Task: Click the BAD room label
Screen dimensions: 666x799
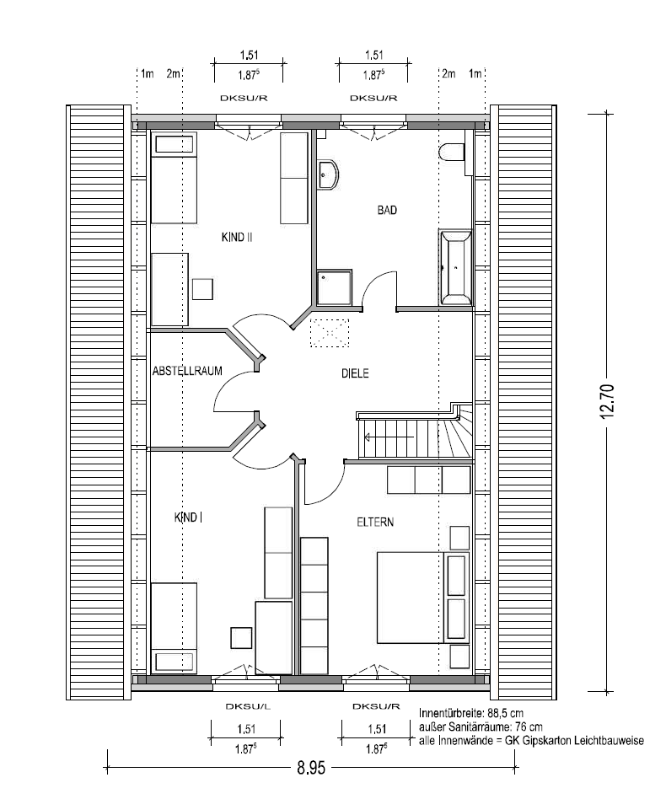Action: click(387, 209)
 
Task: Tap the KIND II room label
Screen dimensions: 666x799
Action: click(237, 237)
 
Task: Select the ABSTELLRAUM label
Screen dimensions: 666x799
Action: click(187, 371)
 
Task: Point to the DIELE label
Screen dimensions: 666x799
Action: click(355, 373)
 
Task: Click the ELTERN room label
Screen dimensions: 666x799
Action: click(375, 523)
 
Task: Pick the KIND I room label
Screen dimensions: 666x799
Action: click(188, 517)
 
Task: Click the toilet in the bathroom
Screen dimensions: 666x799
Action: click(452, 153)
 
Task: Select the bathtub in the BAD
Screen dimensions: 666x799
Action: click(456, 267)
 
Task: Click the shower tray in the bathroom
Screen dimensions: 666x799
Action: click(334, 287)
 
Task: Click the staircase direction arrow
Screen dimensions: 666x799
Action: click(389, 437)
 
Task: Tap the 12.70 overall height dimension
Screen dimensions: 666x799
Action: click(607, 401)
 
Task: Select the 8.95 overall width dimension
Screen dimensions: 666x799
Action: click(311, 768)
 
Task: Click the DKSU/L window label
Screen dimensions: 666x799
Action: click(248, 706)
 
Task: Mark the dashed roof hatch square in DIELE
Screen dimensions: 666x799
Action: click(330, 333)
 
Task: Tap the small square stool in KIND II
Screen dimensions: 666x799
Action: click(203, 289)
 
